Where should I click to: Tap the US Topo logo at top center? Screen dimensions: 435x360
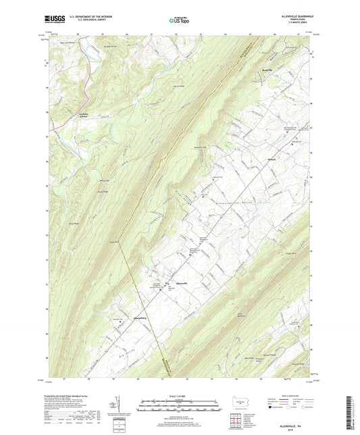[179, 20]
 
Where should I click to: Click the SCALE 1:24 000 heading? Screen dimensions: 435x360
[180, 396]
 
